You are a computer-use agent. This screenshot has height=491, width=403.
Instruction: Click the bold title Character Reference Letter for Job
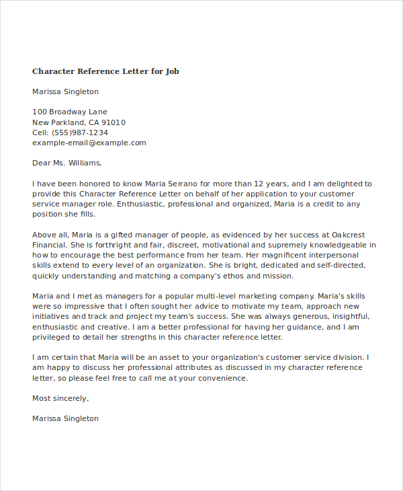pos(105,71)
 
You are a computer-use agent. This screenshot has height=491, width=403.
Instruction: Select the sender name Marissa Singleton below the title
pos(65,91)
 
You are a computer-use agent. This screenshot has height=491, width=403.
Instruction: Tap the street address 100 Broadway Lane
pos(70,112)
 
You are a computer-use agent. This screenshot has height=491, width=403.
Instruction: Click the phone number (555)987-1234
pos(80,133)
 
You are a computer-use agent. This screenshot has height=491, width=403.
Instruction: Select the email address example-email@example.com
pos(89,143)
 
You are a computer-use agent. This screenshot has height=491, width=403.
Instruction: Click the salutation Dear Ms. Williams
pos(67,163)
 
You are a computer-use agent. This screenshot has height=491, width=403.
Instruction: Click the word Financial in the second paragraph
pos(50,245)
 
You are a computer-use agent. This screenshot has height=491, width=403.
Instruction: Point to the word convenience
pos(223,378)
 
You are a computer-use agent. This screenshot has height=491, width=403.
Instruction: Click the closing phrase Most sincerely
pos(60,398)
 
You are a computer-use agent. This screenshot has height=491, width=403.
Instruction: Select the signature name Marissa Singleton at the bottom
pos(65,418)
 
